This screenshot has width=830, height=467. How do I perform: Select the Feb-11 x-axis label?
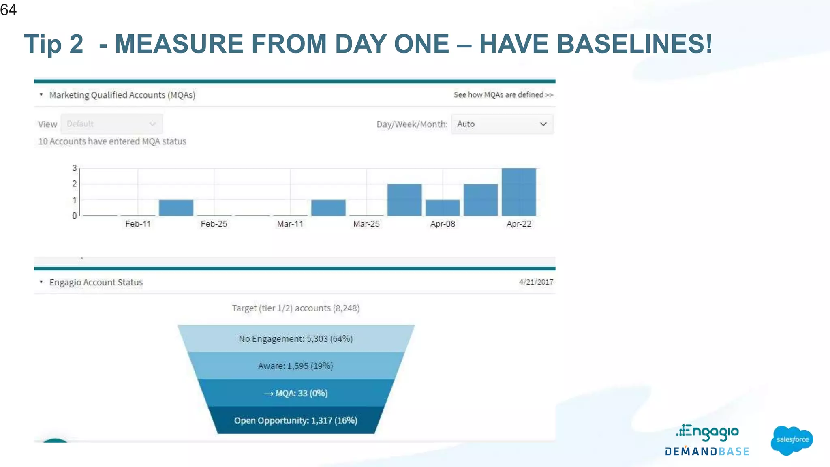[x=138, y=224]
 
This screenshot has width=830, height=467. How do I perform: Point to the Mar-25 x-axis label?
[x=366, y=224]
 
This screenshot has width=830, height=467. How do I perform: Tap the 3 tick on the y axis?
[x=75, y=168]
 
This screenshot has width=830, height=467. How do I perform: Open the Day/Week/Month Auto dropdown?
[x=502, y=124]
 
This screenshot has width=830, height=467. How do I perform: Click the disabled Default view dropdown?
[x=111, y=124]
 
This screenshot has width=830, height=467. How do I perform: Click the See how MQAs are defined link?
[x=503, y=95]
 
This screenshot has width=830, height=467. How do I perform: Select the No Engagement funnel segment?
[x=296, y=338]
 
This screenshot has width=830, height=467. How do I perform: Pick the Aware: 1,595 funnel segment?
[x=296, y=366]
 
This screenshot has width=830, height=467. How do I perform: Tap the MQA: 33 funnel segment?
[x=296, y=393]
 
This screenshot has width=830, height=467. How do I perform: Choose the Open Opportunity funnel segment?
[x=296, y=420]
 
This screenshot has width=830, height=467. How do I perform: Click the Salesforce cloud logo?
[x=791, y=440]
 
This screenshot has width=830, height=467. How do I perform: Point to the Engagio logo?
[x=708, y=433]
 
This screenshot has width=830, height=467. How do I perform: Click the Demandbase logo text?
[x=707, y=452]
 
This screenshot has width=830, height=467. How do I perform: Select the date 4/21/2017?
[x=536, y=282]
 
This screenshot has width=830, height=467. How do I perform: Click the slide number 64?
[x=9, y=10]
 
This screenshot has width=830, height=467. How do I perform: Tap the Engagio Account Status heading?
[x=96, y=282]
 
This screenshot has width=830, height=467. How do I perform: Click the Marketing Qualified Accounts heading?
[x=122, y=95]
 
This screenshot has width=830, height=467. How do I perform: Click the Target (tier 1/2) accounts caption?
[x=295, y=308]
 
